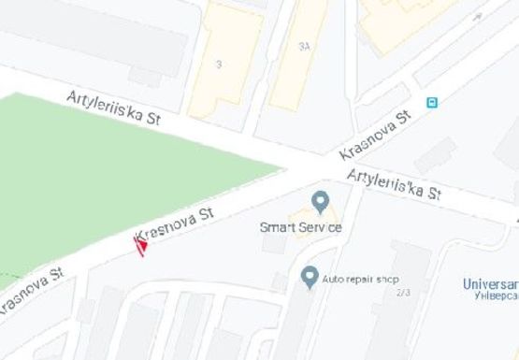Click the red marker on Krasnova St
tap(141, 246)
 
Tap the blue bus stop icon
tap(432, 103)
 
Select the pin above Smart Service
tap(320, 201)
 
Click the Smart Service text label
tap(300, 227)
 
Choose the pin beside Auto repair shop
tap(310, 277)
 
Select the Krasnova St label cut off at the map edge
tap(31, 293)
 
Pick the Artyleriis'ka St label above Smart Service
tap(393, 184)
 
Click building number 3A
tap(304, 45)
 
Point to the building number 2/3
tap(404, 293)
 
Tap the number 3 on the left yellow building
tap(218, 65)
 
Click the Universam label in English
tap(491, 283)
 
